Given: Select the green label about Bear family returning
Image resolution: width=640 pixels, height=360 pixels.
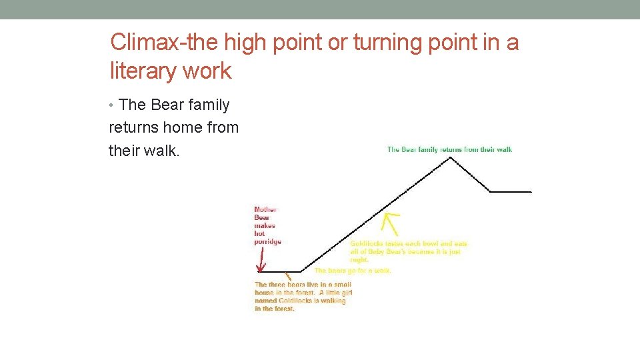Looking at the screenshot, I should [x=449, y=150].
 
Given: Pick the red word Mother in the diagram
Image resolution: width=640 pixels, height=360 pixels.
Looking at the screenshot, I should [x=265, y=210].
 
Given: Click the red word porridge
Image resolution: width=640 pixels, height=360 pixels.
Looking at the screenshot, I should [x=267, y=241].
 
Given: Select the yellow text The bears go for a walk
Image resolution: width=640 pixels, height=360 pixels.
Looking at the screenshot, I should [x=353, y=271].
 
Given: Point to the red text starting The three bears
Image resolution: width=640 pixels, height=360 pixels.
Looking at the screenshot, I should [x=303, y=296].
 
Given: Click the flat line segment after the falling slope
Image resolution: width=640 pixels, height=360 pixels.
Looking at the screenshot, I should [x=511, y=191].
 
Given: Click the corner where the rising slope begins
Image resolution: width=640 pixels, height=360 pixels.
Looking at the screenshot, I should [x=302, y=271].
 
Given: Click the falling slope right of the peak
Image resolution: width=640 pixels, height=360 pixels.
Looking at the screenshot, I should [x=472, y=175].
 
